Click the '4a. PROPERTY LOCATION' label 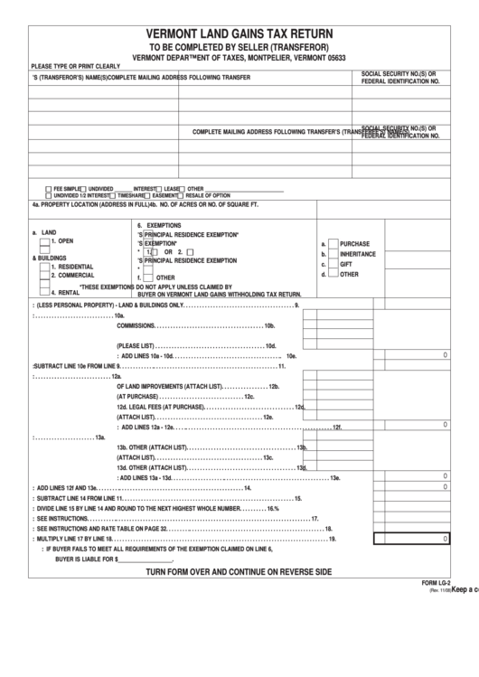pos(81,204)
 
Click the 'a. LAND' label pos(43,232)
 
